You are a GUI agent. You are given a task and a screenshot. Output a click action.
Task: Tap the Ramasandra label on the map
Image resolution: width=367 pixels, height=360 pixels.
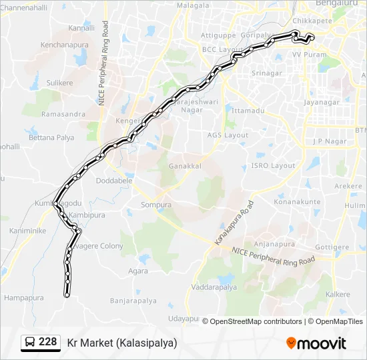(x=63, y=114)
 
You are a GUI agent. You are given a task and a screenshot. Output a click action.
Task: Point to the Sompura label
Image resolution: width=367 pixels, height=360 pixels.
(x=156, y=205)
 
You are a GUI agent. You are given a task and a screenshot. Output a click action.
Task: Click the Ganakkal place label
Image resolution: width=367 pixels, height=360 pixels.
(x=184, y=165)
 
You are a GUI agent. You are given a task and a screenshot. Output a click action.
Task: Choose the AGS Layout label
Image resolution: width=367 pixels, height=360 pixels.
(x=228, y=135)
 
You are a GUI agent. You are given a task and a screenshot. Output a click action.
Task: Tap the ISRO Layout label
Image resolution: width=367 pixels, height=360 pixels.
(x=273, y=165)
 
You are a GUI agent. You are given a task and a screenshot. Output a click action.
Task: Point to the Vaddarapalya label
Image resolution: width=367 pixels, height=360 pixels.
(x=214, y=287)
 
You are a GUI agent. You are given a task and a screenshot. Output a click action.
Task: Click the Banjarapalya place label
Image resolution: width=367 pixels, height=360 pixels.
(x=133, y=301)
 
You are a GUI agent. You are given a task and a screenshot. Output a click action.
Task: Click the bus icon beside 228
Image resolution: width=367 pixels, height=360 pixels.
(x=31, y=343)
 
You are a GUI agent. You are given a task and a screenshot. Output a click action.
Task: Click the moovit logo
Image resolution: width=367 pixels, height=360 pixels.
(x=316, y=343)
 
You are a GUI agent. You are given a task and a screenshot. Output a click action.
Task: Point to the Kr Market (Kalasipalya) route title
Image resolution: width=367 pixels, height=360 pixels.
(x=122, y=343)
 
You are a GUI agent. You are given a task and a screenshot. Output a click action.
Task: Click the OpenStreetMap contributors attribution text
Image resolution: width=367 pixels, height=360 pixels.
(x=256, y=321)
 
